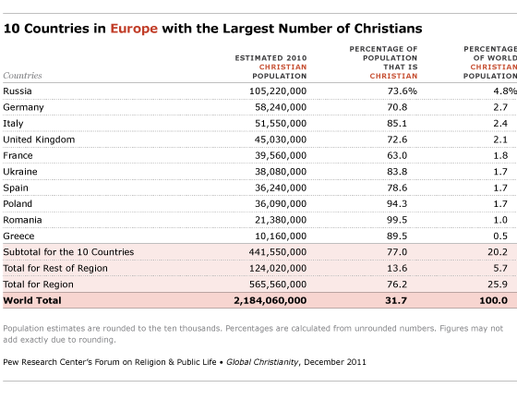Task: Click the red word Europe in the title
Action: [134, 29]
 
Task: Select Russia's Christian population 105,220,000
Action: [278, 91]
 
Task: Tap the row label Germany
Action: [23, 107]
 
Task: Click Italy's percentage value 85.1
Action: [397, 124]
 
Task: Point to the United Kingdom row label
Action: [39, 139]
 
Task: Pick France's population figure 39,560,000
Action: [281, 155]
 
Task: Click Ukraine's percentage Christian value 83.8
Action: [397, 172]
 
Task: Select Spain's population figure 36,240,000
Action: [281, 188]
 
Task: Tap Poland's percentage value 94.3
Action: [397, 203]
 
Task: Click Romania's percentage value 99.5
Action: [397, 220]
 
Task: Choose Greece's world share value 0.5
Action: [500, 236]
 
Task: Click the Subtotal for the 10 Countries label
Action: [68, 252]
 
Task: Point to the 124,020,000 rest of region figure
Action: [278, 268]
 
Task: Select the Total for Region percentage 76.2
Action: [397, 285]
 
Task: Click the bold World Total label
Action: [32, 300]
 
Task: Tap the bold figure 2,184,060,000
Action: [271, 300]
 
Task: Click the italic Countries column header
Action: [22, 76]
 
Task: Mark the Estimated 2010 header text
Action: [271, 58]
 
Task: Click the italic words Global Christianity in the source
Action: [262, 362]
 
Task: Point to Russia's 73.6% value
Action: [403, 91]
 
